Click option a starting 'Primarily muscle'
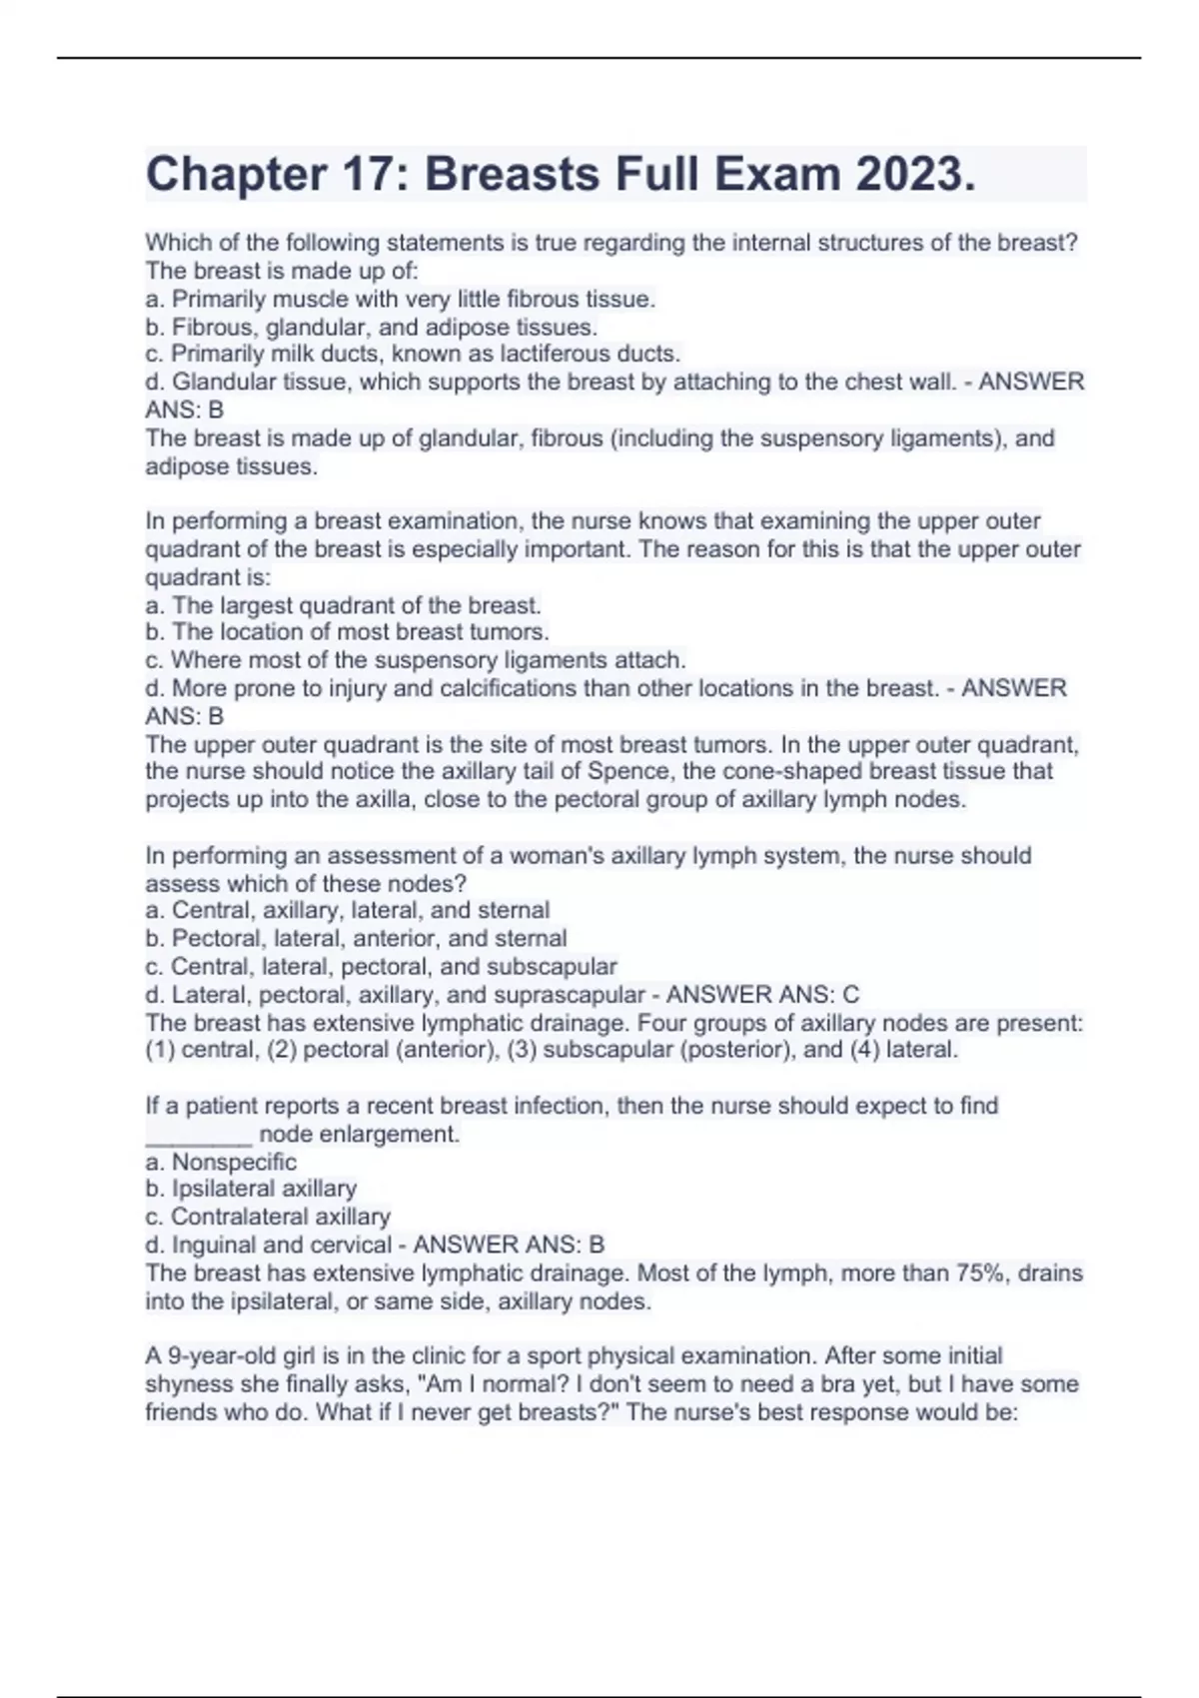tap(400, 299)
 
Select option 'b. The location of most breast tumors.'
tap(347, 632)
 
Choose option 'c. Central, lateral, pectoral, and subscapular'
tap(381, 967)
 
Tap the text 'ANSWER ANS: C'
tap(762, 995)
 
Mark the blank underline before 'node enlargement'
tap(198, 1135)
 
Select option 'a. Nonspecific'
tap(221, 1162)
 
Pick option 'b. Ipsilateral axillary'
tap(251, 1189)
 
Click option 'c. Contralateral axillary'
tap(268, 1217)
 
